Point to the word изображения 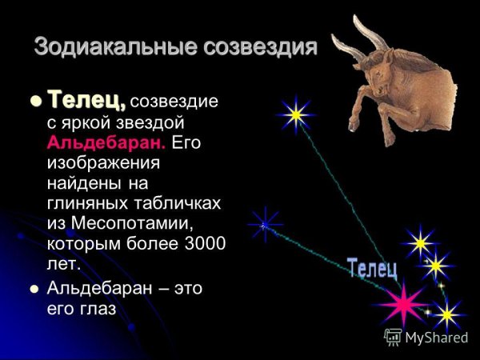104,163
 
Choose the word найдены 85,183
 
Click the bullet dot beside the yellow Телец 34,102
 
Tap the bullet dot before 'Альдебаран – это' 34,289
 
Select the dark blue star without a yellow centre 264,225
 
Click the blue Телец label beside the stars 372,268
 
